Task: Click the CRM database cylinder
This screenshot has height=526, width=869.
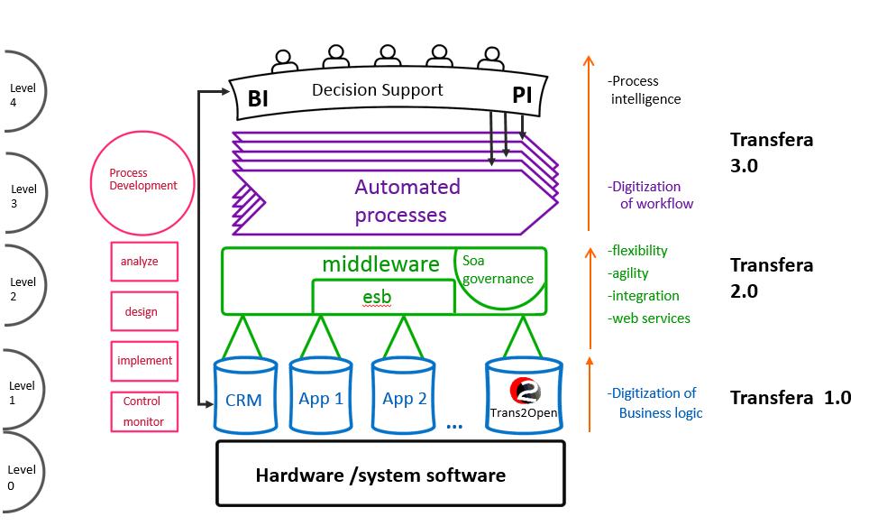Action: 243,398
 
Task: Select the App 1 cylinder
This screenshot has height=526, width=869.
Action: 321,397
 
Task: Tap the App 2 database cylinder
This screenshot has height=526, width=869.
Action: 404,397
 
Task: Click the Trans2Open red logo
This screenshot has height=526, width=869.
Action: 525,392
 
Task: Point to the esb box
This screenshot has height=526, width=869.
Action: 382,296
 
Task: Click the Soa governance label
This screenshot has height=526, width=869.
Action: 498,270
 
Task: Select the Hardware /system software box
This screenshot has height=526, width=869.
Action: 389,474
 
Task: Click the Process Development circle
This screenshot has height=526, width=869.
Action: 142,179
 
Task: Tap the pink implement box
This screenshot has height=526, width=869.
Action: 144,360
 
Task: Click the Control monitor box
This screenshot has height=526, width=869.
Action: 143,411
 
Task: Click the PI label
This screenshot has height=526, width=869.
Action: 522,96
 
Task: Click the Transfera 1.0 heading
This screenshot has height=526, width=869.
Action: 790,397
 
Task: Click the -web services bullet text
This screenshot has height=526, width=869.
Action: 649,318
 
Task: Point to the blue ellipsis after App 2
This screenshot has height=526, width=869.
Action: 453,425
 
